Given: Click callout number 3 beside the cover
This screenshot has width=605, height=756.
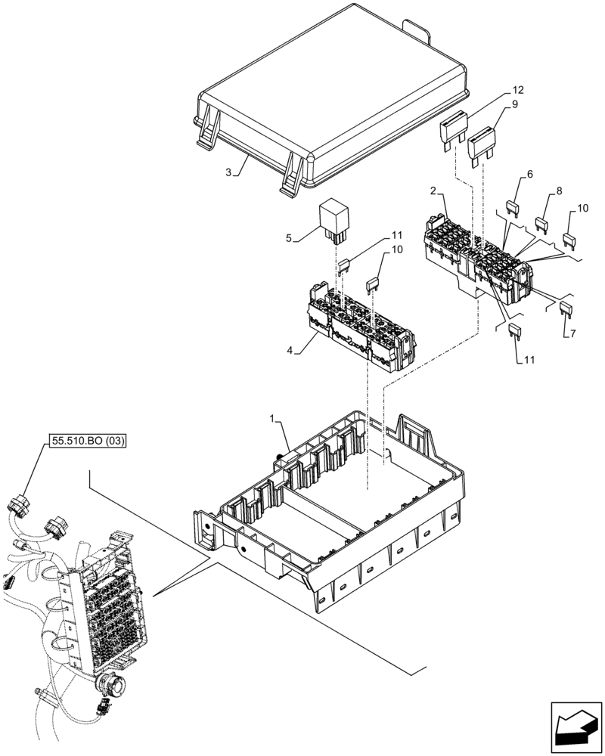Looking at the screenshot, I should tap(228, 172).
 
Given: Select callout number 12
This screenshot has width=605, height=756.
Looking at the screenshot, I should tap(518, 90).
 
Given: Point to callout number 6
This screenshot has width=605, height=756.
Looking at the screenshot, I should tap(529, 174).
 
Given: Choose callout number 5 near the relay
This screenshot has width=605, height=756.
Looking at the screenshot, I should tap(289, 237).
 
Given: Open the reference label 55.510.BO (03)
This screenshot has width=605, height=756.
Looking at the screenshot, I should tap(88, 439).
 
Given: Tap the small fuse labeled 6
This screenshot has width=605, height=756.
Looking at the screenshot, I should tap(512, 206).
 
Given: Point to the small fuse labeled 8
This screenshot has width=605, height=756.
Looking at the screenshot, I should tap(541, 223).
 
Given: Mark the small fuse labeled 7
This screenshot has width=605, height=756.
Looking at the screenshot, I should tap(565, 307).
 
